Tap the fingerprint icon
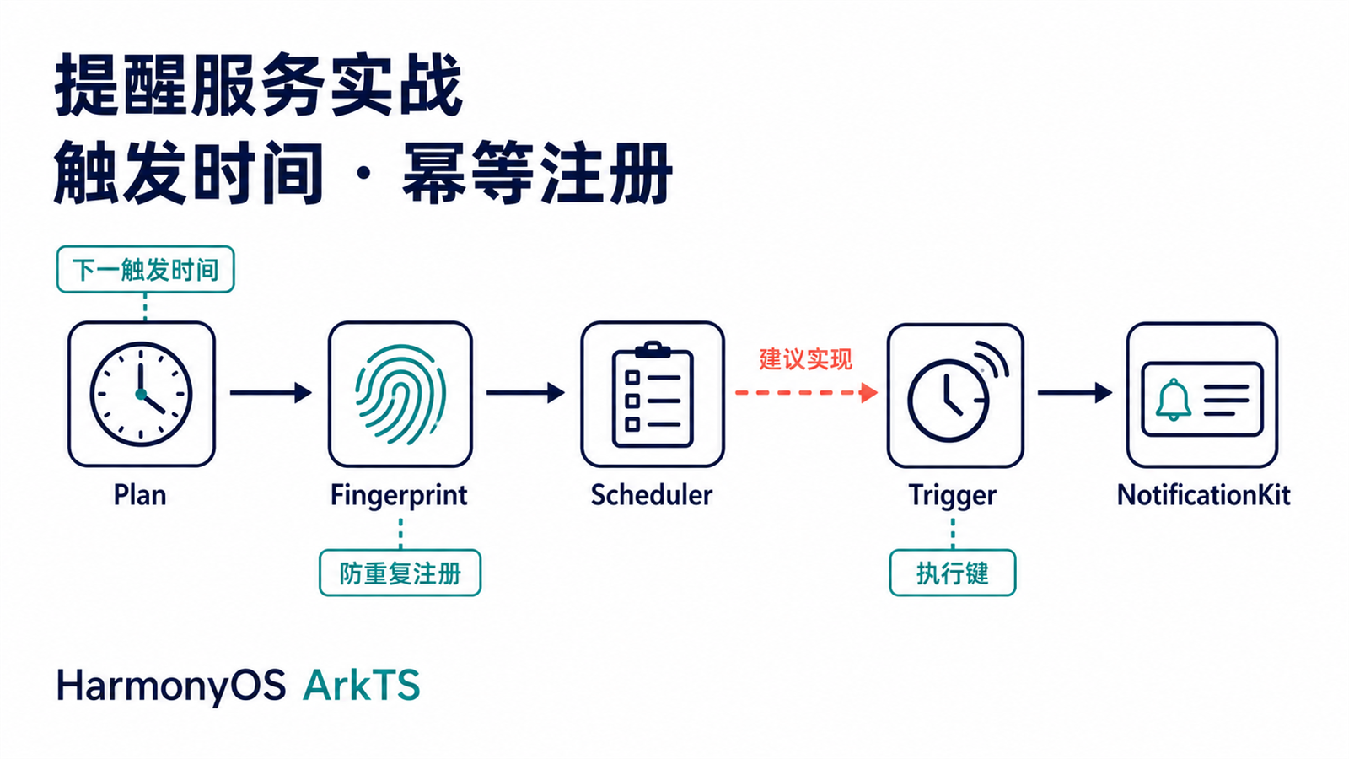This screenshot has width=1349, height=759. pos(400,395)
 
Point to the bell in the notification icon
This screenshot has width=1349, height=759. pos(1173,400)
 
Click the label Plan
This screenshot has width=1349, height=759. pos(140,495)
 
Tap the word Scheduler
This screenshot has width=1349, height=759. pos(652,495)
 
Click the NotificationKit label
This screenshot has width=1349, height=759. pos(1203,495)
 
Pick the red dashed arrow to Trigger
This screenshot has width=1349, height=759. pos(806,393)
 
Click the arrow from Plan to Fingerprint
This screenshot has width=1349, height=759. pos(271,393)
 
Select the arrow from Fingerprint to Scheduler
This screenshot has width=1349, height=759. pos(526,393)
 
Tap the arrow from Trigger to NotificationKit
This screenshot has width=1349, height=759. pos(1075,393)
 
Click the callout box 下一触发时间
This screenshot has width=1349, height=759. pos(145,269)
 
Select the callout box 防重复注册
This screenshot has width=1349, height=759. pos(400,573)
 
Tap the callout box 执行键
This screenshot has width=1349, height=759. pos(953,573)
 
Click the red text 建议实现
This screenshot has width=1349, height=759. pos(806,359)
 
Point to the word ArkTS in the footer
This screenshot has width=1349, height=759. pos(362,686)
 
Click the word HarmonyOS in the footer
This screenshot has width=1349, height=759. pos(171,686)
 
